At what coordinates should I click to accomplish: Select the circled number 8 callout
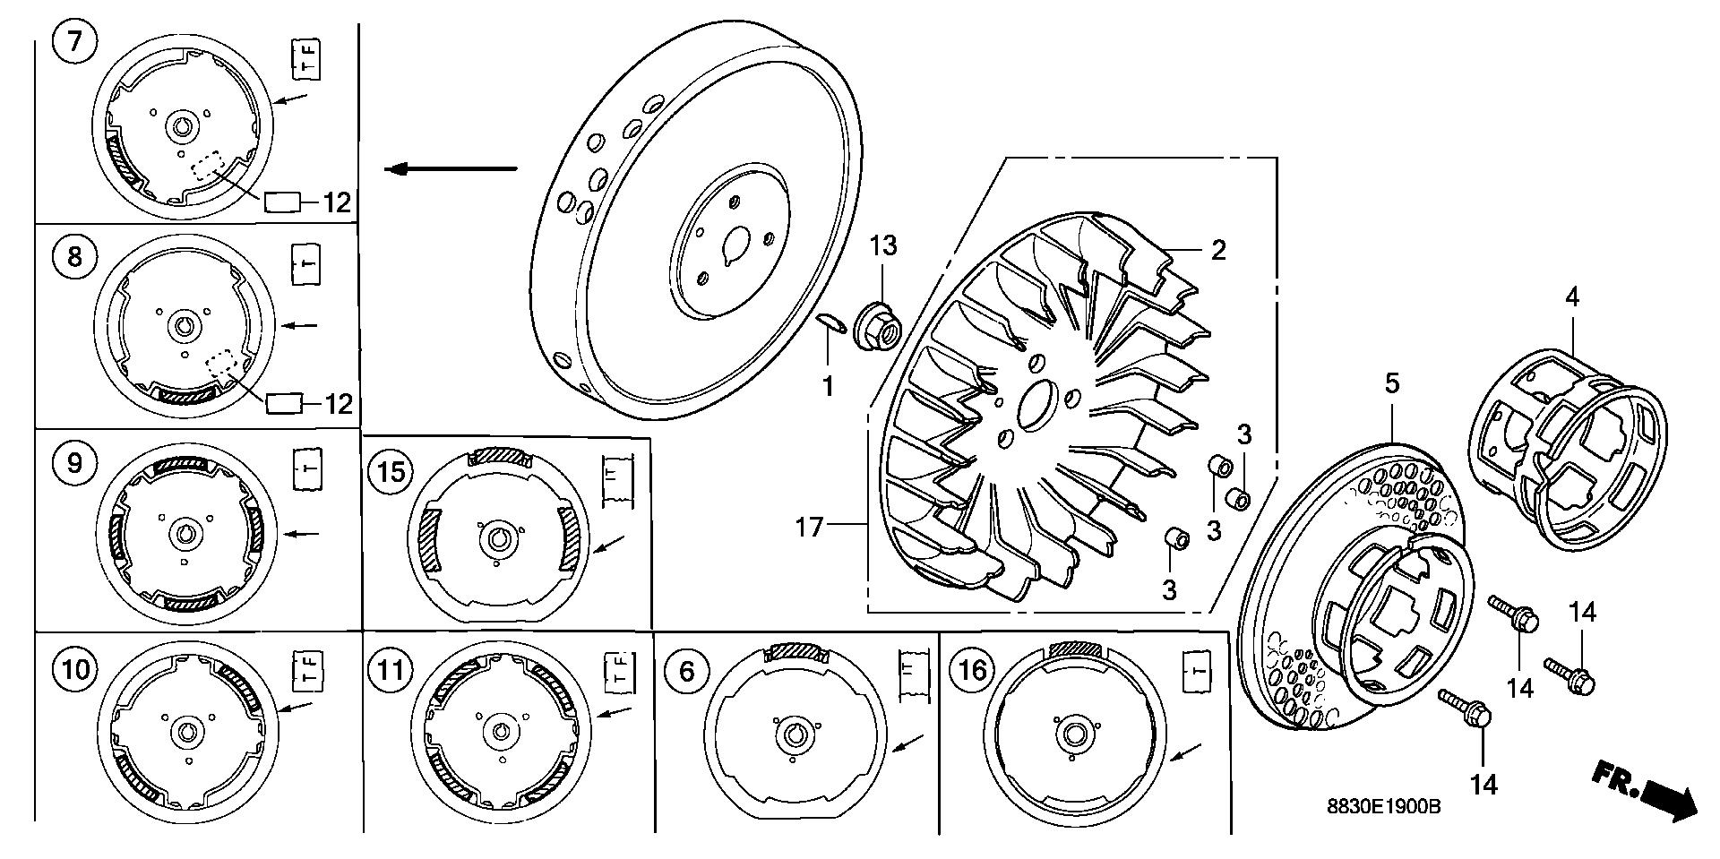[x=74, y=257]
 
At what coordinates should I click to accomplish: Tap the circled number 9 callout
[x=74, y=462]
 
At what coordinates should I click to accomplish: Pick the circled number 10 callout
[x=76, y=669]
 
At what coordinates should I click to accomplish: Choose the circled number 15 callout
[x=391, y=471]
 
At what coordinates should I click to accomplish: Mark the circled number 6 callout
[x=687, y=670]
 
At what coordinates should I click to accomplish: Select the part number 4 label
[x=1571, y=297]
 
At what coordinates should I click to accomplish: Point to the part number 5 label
[x=1391, y=384]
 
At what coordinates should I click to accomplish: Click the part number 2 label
[x=1217, y=250]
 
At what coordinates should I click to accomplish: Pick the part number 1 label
[x=829, y=386]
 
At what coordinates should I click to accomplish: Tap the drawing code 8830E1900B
[x=1383, y=806]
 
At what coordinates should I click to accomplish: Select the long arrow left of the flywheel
[x=451, y=168]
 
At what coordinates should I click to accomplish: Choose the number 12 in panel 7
[x=336, y=202]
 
